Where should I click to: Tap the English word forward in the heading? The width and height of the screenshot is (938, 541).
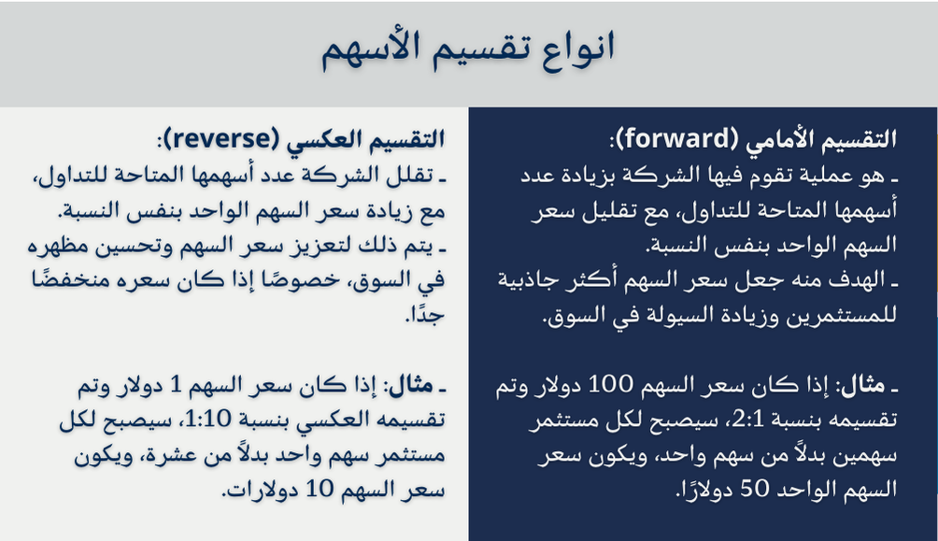pos(675,140)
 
